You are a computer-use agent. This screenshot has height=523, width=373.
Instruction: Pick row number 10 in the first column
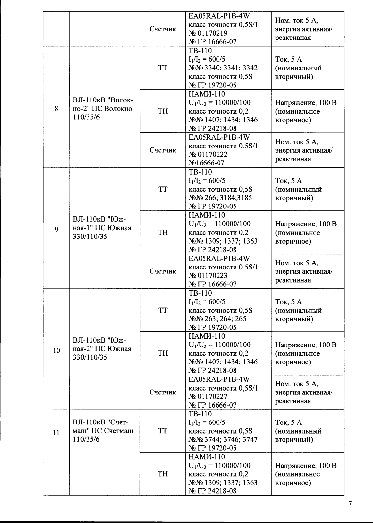pyautogui.click(x=57, y=351)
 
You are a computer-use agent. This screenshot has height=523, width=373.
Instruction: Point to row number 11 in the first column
pyautogui.click(x=57, y=433)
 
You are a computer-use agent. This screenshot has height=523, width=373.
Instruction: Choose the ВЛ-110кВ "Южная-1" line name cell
pyautogui.click(x=103, y=228)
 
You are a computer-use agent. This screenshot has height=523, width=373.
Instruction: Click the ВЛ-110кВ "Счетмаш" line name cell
pyautogui.click(x=103, y=431)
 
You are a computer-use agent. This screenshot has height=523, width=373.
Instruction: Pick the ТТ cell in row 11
pyautogui.click(x=163, y=431)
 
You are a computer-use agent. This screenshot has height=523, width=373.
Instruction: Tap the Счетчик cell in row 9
pyautogui.click(x=163, y=271)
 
